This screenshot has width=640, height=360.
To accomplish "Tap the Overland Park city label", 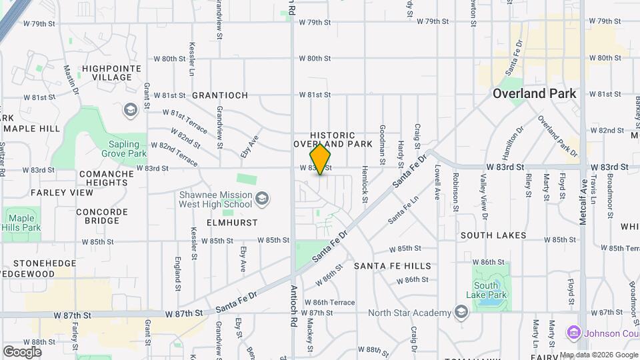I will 534,93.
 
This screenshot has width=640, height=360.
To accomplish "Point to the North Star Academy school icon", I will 461,312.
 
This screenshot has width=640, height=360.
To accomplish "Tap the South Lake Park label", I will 491,290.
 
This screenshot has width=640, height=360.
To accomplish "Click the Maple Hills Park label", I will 22,223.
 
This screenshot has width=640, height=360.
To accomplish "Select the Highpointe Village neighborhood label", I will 107,73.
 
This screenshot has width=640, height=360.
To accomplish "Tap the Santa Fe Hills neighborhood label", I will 392,265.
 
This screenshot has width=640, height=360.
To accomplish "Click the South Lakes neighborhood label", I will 493,235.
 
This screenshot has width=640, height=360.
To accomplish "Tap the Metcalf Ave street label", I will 583,200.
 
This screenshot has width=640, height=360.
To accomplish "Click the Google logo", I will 22,351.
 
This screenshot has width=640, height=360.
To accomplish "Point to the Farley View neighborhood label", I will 62,193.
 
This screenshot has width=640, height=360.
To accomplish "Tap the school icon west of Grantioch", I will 131,109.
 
